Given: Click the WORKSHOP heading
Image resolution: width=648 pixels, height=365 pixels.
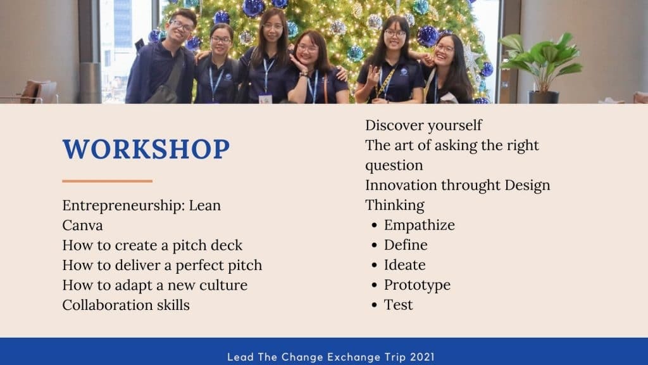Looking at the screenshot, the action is tap(146, 149).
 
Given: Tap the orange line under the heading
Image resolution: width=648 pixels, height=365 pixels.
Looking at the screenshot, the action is tap(108, 181).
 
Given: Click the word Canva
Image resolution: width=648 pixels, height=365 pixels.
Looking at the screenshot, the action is tap(83, 226).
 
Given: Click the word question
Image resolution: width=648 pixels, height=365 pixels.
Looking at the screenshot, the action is tap(394, 166).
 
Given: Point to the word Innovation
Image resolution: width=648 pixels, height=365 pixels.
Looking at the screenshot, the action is tap(401, 185).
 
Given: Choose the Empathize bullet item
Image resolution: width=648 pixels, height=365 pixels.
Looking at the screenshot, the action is tap(413, 225).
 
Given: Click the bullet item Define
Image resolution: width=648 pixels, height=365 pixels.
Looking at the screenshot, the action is tap(400, 245).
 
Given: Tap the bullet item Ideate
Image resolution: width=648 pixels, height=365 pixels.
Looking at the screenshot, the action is tap(399, 265).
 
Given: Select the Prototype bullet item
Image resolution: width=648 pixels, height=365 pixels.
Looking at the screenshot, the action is tap(411, 285).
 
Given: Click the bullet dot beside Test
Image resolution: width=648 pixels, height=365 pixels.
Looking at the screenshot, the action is tap(375, 305).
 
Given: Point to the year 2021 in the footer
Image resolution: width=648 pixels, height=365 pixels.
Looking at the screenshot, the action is tap(422, 357).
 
